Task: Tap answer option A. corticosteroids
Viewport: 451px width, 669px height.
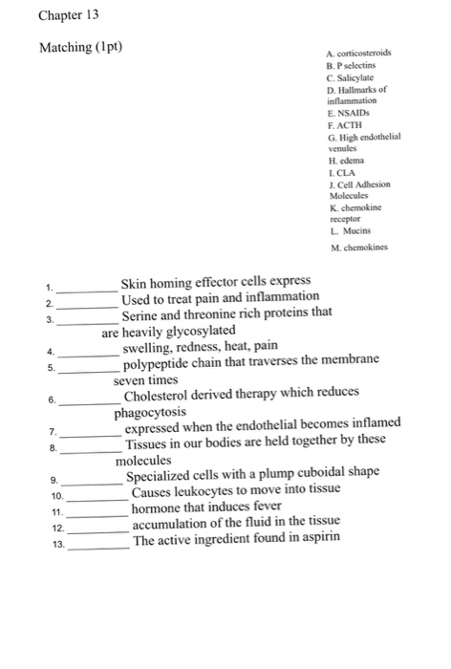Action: click(x=358, y=54)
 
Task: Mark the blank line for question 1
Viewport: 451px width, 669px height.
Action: click(x=88, y=287)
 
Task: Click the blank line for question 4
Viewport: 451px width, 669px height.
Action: click(x=88, y=349)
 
